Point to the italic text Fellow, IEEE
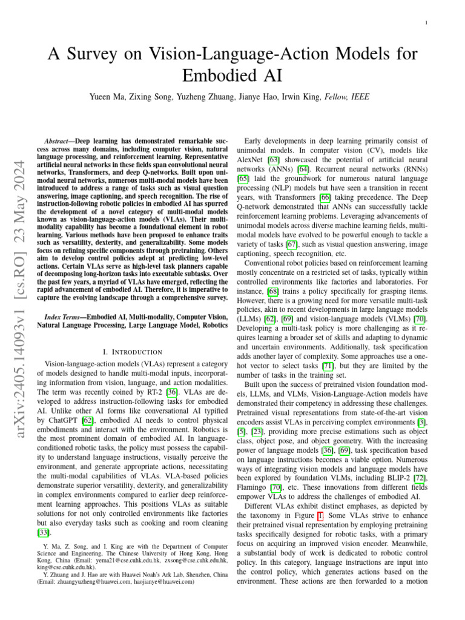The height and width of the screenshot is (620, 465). [348, 97]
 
